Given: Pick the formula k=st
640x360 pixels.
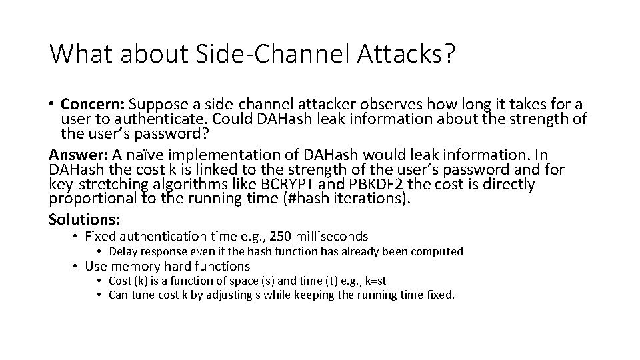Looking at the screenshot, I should coord(371,280).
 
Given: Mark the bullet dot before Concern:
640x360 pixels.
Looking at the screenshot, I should coord(52,105).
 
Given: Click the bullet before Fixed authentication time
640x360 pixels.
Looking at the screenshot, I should coord(77,237).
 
